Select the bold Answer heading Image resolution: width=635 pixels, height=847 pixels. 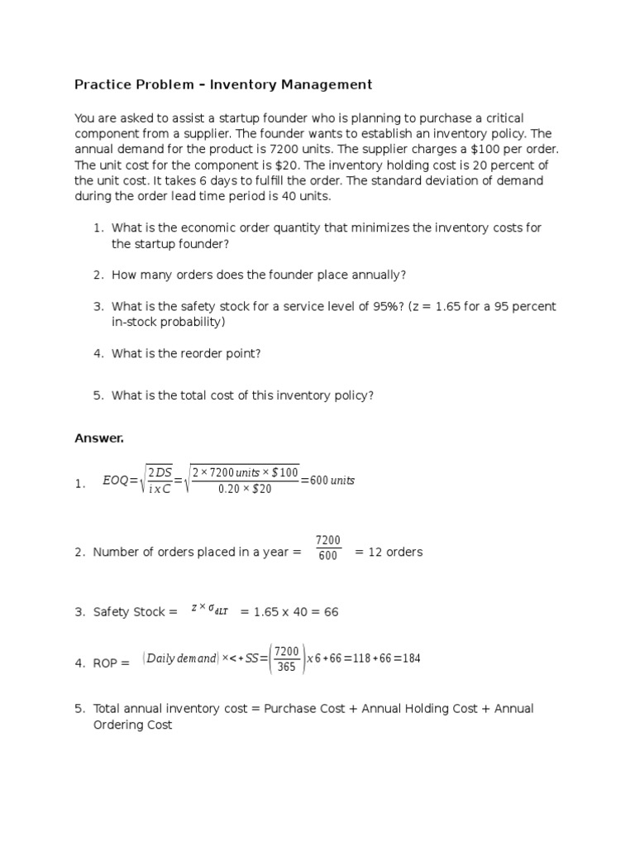98,438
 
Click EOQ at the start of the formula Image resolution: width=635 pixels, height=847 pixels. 115,480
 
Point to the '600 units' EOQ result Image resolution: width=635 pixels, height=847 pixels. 332,480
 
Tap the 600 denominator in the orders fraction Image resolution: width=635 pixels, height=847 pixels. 327,557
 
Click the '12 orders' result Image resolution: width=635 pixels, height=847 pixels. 388,552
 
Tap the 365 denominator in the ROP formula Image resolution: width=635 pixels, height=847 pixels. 286,667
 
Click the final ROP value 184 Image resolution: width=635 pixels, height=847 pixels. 410,658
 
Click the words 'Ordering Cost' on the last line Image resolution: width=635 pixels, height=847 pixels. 132,725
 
